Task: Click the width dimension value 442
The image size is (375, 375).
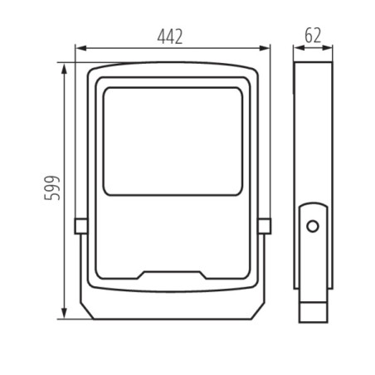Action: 169,36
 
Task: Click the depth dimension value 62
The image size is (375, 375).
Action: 313,36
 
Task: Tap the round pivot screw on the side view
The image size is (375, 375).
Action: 313,225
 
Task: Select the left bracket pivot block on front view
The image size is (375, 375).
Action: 80,225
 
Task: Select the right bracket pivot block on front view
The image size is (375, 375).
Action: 264,225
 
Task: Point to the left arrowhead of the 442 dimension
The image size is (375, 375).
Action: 78,47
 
